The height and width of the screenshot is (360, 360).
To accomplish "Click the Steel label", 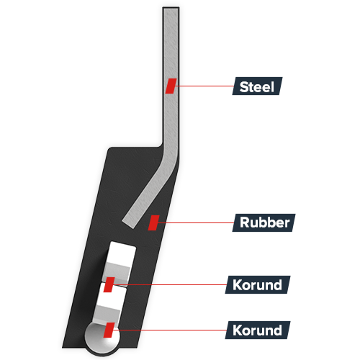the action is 257,86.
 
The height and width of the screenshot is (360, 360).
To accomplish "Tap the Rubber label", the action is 264,222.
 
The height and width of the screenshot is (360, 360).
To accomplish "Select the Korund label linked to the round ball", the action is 258,330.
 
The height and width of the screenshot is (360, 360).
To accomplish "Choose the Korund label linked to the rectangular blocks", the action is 258,284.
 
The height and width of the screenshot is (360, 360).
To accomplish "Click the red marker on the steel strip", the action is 171,86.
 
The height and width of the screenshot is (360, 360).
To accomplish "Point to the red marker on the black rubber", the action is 153,222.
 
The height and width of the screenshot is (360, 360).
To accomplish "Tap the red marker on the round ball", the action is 109,330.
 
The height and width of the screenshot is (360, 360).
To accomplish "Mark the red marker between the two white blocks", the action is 109,284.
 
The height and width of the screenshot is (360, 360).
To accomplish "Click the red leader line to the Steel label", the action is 204,86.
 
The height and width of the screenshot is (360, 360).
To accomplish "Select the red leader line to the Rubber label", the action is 196,222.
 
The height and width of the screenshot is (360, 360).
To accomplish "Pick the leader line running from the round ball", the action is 170,330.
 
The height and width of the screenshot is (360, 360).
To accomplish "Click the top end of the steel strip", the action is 171,8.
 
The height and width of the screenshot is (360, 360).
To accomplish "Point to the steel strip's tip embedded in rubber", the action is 129,224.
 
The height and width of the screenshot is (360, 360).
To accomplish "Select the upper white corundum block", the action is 119,262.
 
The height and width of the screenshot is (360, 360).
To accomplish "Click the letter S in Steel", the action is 243,87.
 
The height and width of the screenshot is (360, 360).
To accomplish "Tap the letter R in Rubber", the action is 245,222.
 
